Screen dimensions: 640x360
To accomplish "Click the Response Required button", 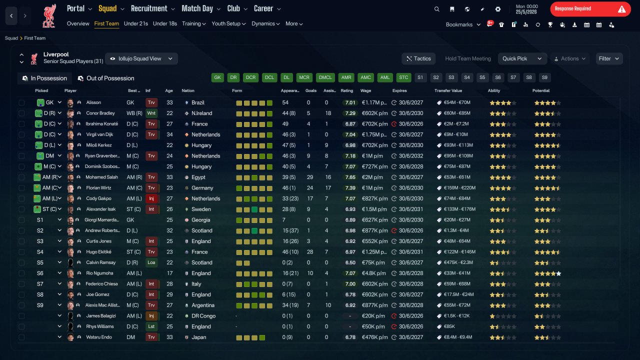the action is point(590,9).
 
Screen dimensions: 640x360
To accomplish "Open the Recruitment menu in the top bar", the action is point(152,8).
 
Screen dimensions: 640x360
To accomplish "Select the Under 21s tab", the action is point(135,23).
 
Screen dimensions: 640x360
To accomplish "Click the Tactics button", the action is point(418,58).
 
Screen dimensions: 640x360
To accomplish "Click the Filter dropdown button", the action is point(609,58).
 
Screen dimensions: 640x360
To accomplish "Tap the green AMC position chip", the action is point(365,77).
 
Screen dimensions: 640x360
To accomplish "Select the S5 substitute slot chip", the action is point(482,77).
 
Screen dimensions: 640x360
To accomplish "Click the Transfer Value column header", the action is point(448,90).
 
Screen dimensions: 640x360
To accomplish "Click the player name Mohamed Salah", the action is point(101,177).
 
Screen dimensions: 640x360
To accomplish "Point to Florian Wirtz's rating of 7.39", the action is point(350,187).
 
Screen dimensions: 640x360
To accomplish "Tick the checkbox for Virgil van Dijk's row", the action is point(21,134).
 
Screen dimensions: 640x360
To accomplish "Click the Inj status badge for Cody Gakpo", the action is point(151,198).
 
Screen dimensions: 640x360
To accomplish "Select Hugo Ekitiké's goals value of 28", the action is point(309,252).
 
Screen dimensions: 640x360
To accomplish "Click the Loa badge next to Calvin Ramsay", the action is point(151,262).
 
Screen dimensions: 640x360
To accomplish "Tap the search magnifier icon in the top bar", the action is point(436,9).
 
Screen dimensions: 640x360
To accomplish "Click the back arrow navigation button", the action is point(11,15).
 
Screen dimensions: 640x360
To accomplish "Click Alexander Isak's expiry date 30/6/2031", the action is point(411,209).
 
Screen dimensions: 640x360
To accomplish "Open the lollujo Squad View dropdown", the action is point(141,58).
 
